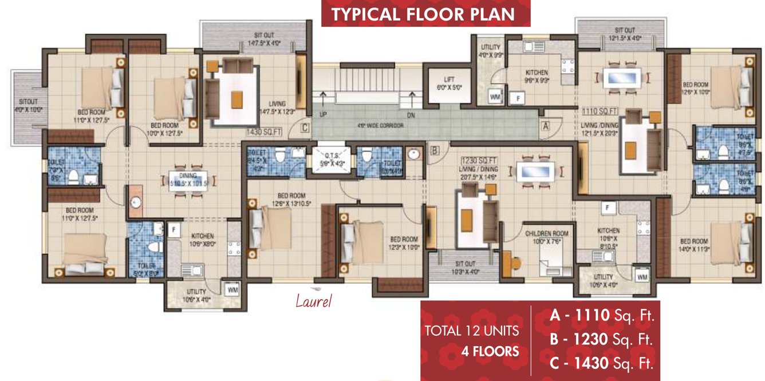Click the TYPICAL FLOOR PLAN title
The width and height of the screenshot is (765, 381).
(x=425, y=14)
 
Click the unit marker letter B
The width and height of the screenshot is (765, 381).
(x=435, y=151)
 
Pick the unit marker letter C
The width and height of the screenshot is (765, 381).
(x=305, y=128)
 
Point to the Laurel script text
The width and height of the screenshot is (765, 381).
(x=313, y=300)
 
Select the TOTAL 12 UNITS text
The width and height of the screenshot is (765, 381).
(x=471, y=331)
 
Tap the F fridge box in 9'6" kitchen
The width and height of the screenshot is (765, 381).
(x=518, y=98)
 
